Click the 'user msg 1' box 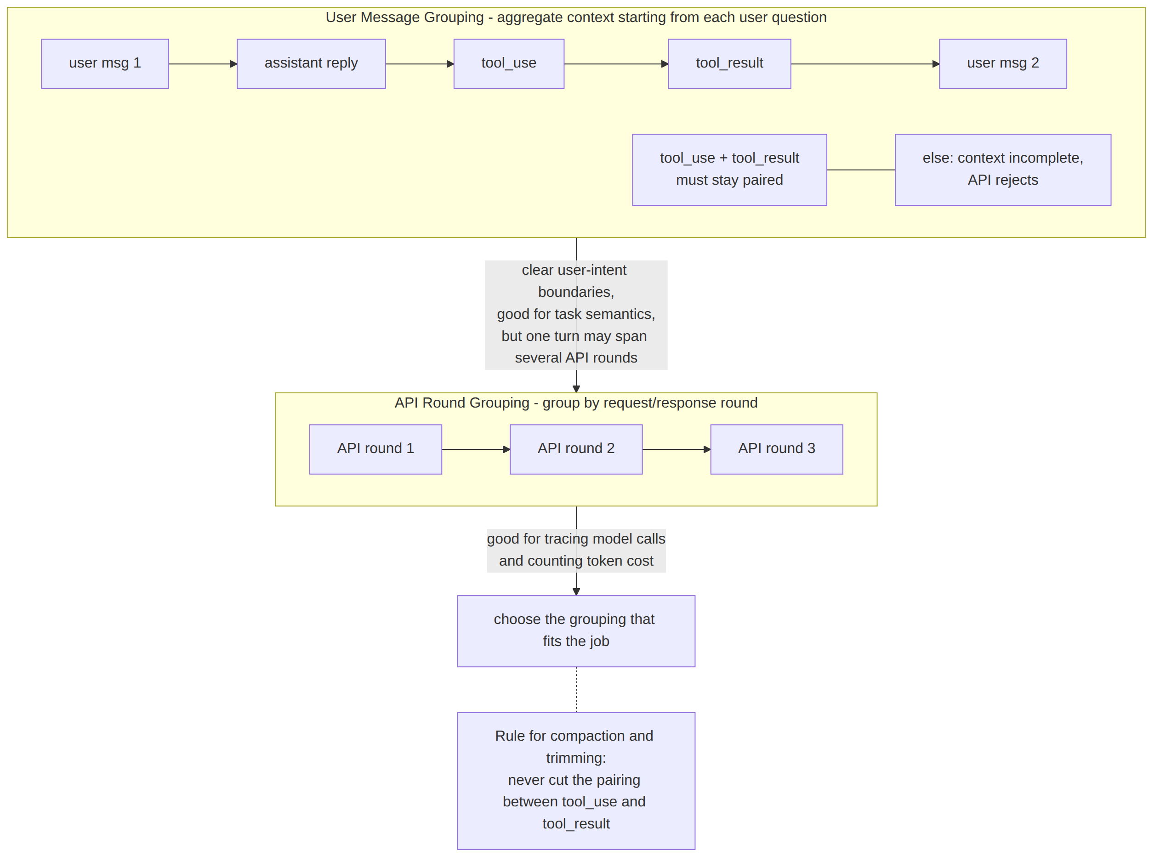tap(105, 64)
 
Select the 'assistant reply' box tap(311, 64)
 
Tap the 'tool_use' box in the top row tap(509, 64)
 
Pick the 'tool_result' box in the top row tap(729, 64)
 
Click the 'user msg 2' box tap(1003, 64)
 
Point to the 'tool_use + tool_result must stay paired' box tap(729, 170)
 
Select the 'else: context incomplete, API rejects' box tap(1003, 170)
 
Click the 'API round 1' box tap(375, 449)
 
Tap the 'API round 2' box tap(576, 449)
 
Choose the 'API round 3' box tap(776, 449)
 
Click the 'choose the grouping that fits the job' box tap(576, 631)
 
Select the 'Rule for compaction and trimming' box tap(576, 781)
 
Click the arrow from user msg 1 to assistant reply tap(203, 64)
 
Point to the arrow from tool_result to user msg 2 tap(865, 64)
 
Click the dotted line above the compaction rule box tap(576, 690)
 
